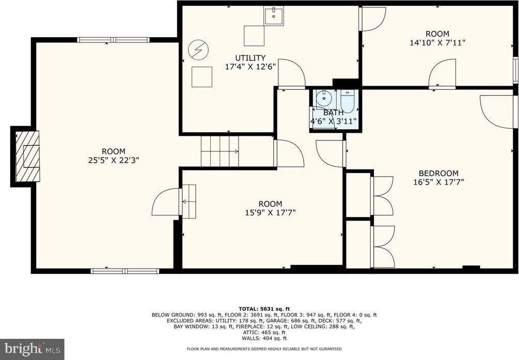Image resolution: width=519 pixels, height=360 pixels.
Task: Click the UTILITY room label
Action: point(250,58)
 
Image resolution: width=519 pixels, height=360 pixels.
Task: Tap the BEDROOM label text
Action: point(438,173)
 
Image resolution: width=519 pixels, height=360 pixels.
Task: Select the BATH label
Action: point(333,113)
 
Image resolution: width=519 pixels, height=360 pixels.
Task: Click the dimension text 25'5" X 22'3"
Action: point(113,160)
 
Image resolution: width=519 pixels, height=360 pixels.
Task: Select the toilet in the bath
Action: point(348,100)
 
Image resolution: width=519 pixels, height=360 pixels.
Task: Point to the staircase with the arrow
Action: point(220,151)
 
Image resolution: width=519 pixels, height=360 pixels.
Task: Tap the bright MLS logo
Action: point(32,349)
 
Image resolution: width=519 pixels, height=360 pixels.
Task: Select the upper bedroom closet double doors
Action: point(382,196)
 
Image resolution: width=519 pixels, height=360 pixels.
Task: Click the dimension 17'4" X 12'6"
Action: point(250,67)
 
